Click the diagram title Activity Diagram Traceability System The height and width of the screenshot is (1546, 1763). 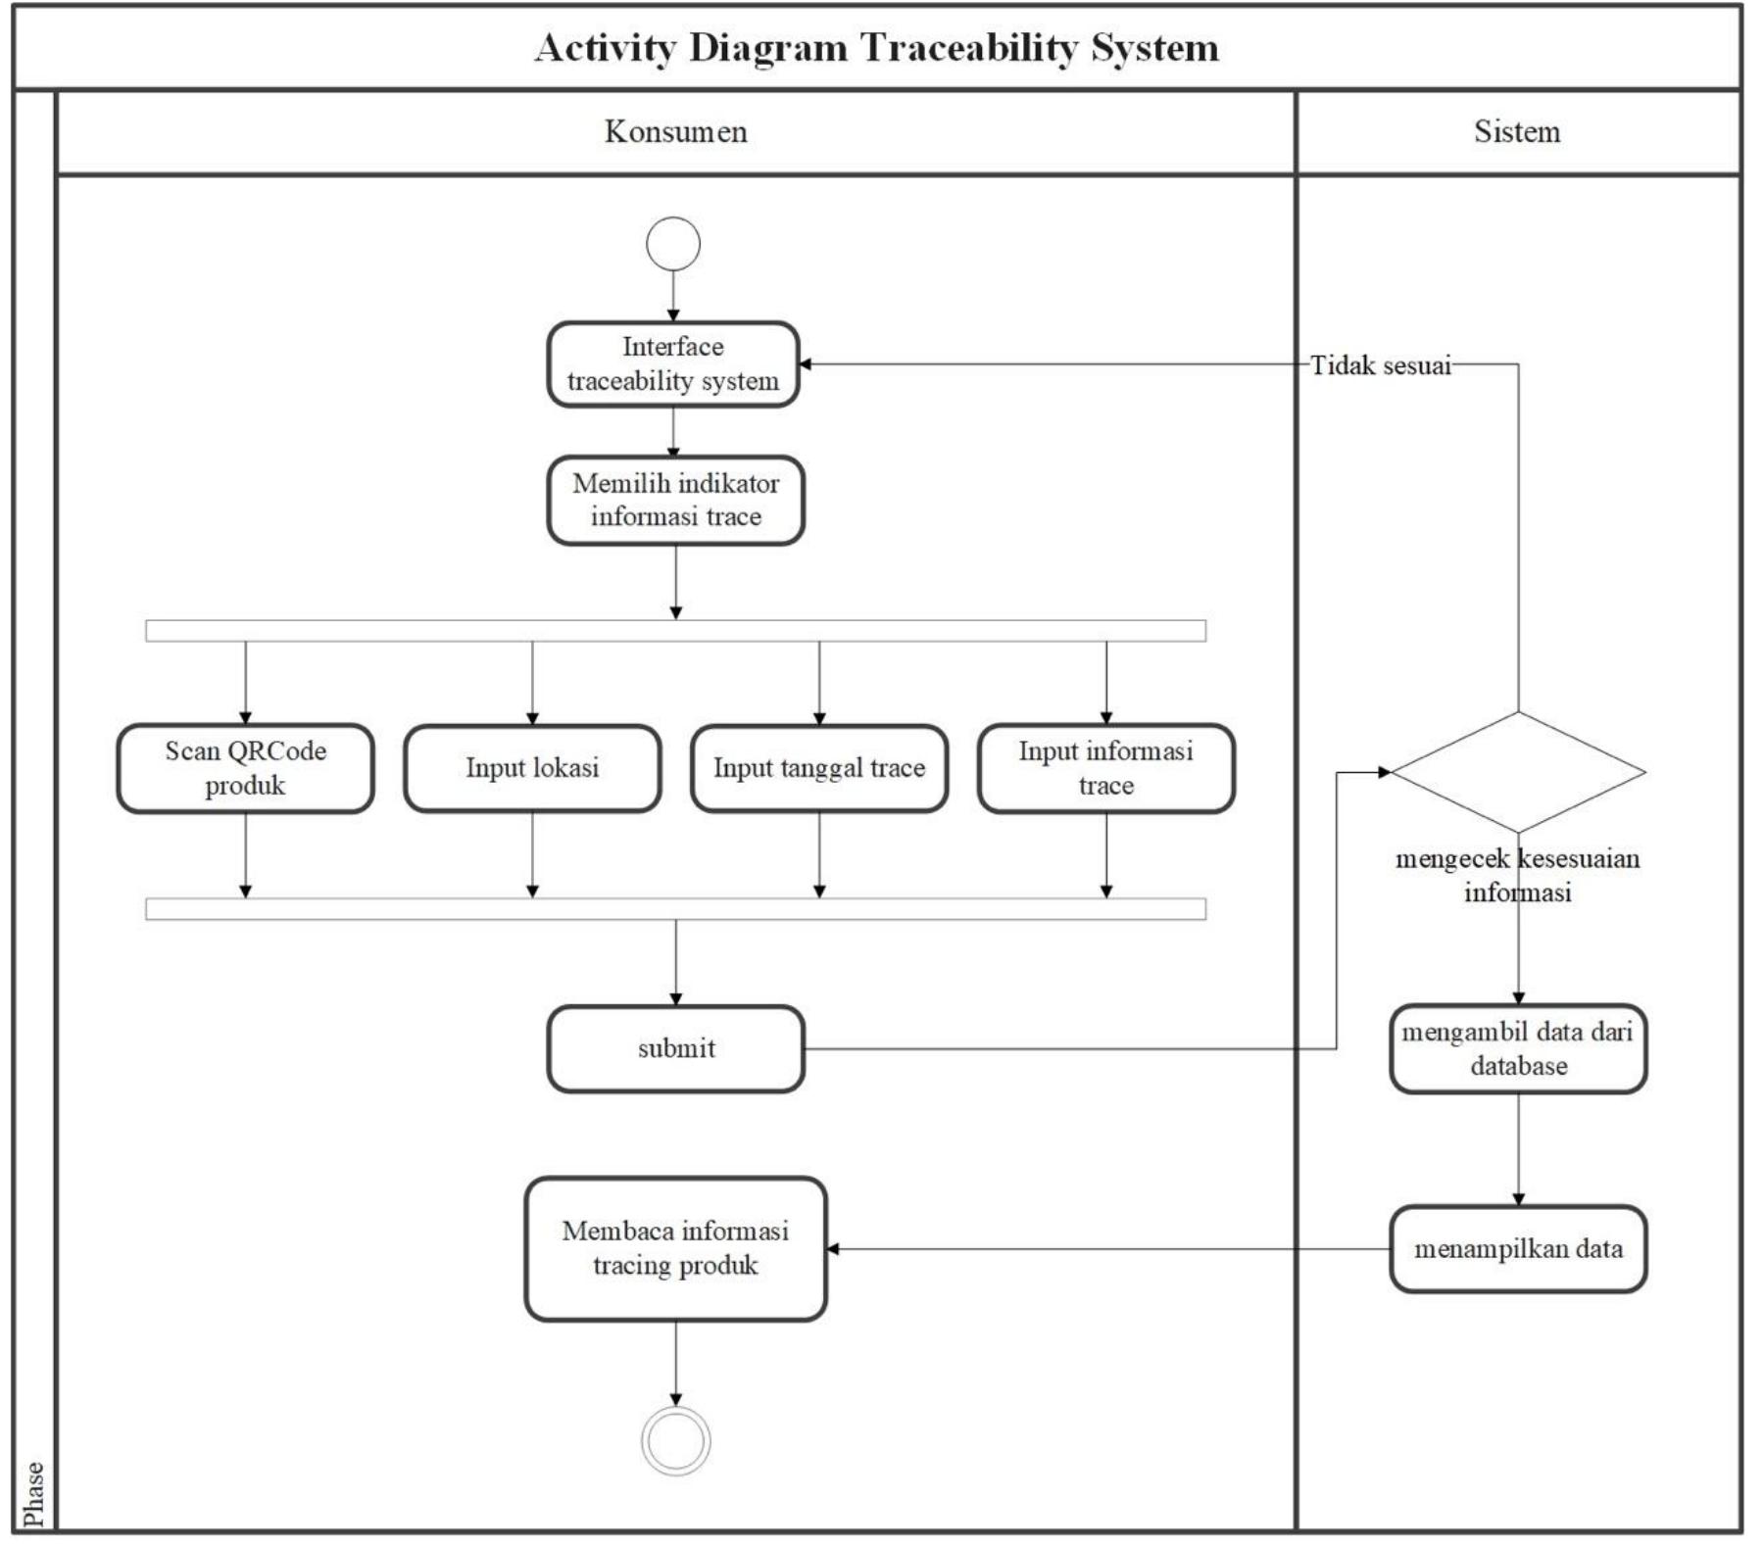(x=876, y=48)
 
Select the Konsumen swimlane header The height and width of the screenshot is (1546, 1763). (x=675, y=131)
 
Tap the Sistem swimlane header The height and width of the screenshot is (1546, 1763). (x=1516, y=131)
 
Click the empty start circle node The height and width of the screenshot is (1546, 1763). (x=673, y=244)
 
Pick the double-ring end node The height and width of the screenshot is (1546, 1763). (x=675, y=1440)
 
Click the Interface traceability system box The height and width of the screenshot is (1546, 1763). (x=673, y=363)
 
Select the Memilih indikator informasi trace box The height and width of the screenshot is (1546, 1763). (x=675, y=500)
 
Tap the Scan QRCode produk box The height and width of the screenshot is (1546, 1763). (x=245, y=768)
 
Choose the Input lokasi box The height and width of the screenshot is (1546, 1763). (x=532, y=768)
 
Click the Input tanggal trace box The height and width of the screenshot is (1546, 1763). (x=819, y=768)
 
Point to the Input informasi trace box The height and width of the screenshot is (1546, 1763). (x=1105, y=768)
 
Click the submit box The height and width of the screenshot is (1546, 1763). (x=675, y=1048)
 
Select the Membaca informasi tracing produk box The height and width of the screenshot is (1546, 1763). (x=675, y=1248)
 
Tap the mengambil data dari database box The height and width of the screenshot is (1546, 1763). (x=1518, y=1048)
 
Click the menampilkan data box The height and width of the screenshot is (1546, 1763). (x=1518, y=1248)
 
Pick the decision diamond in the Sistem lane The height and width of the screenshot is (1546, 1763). (x=1518, y=772)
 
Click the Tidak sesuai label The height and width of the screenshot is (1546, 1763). (x=1380, y=365)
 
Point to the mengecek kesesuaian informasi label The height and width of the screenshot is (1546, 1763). (x=1517, y=875)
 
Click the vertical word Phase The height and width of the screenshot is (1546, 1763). (x=34, y=1493)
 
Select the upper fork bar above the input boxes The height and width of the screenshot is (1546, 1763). (x=675, y=631)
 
